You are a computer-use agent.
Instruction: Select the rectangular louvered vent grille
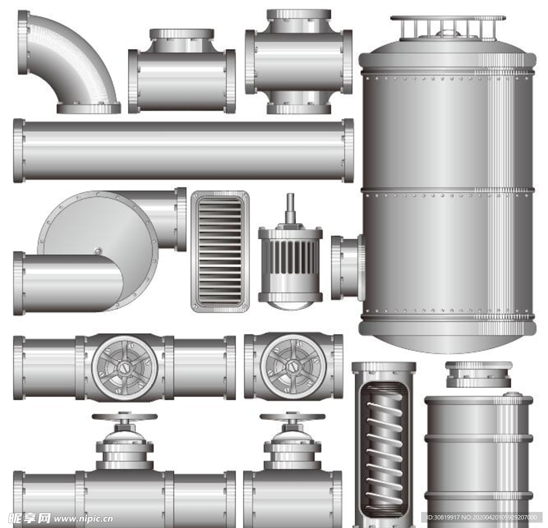point(220,251)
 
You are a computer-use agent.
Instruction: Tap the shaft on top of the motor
point(290,209)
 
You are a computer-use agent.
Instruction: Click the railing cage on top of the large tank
point(448,27)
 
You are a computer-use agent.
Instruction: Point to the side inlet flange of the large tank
point(348,267)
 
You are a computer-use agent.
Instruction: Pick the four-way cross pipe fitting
point(299,62)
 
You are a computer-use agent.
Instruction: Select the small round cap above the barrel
point(479,374)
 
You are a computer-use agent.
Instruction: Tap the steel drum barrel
point(479,461)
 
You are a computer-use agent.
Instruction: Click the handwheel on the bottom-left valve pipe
point(124,417)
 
